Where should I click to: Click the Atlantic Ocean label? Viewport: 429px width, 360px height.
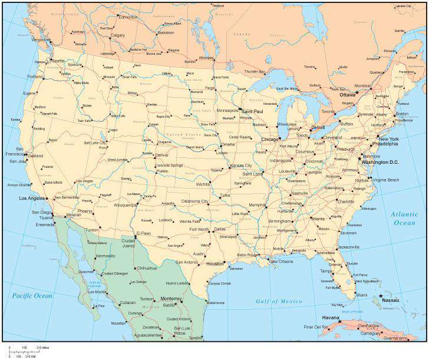[404, 219]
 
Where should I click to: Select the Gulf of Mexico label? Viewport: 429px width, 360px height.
[279, 301]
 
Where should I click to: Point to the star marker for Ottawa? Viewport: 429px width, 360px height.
[357, 93]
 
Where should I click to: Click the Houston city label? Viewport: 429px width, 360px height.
[216, 263]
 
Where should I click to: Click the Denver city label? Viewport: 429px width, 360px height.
[162, 155]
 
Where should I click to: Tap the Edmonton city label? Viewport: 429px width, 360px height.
[128, 17]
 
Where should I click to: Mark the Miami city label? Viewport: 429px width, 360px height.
[361, 295]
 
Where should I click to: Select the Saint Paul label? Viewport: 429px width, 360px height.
[253, 111]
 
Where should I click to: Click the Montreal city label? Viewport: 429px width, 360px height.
[362, 85]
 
